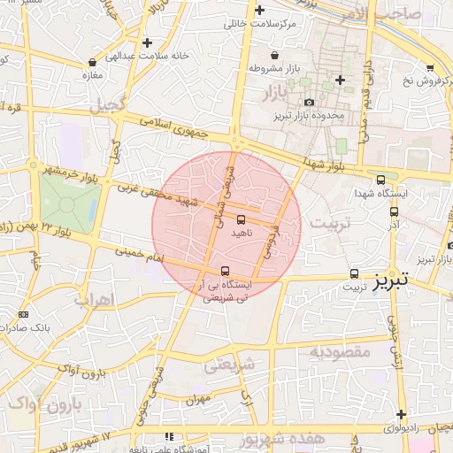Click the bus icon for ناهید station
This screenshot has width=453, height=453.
tap(242, 219)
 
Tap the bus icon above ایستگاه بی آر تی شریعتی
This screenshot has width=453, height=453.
tap(225, 271)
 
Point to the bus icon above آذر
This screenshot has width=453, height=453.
tap(394, 211)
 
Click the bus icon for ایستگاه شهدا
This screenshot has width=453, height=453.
tap(380, 180)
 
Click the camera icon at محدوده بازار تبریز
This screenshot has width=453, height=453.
tap(309, 104)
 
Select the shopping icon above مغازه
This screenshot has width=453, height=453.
tap(93, 63)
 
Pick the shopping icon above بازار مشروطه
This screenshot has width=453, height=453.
tap(275, 55)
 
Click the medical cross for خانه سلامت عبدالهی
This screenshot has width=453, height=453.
tap(147, 42)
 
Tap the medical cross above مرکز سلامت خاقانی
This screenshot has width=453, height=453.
tap(259, 11)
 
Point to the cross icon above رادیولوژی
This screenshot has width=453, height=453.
tap(401, 414)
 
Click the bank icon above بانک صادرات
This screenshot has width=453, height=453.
tap(23, 314)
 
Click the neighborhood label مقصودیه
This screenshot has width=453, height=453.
tap(339, 351)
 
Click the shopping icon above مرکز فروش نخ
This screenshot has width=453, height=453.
tap(430, 68)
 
